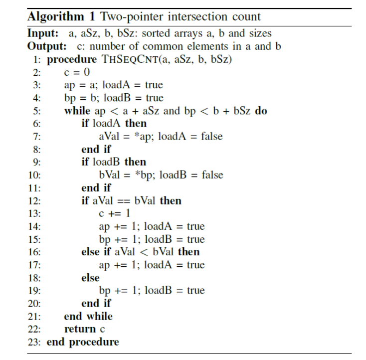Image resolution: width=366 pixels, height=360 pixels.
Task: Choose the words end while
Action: pyautogui.click(x=88, y=316)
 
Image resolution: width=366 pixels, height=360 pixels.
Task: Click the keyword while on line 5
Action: pyautogui.click(x=77, y=110)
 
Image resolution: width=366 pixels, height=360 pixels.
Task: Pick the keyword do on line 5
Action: pyautogui.click(x=261, y=110)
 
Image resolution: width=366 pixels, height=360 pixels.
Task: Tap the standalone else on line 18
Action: pyautogui.click(x=90, y=278)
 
